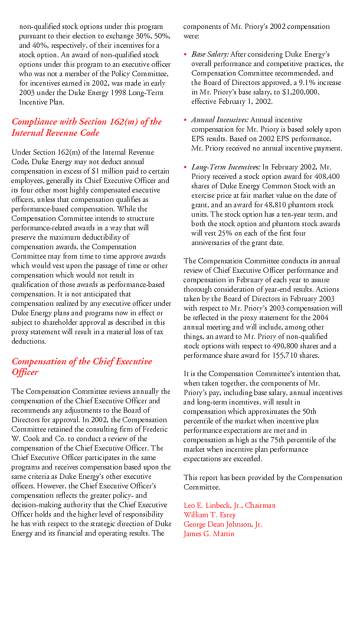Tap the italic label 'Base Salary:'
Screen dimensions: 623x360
pyautogui.click(x=210, y=54)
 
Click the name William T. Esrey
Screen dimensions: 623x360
pyautogui.click(x=210, y=515)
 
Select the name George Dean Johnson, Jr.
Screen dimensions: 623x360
pyautogui.click(x=223, y=524)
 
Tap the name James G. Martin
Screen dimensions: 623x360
pyautogui.click(x=208, y=534)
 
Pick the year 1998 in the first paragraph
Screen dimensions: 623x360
pyautogui.click(x=112, y=93)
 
